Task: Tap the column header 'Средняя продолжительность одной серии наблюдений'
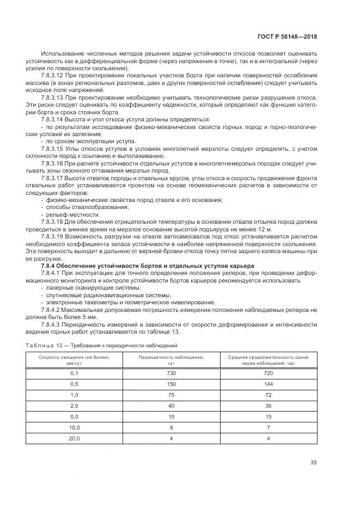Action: pos(267,360)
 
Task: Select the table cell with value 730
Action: pos(171,373)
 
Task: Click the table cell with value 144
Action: pos(267,384)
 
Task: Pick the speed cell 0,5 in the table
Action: pos(74,384)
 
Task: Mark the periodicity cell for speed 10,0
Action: pos(171,427)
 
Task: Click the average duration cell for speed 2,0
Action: pos(267,406)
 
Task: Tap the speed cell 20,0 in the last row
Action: pos(74,438)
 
